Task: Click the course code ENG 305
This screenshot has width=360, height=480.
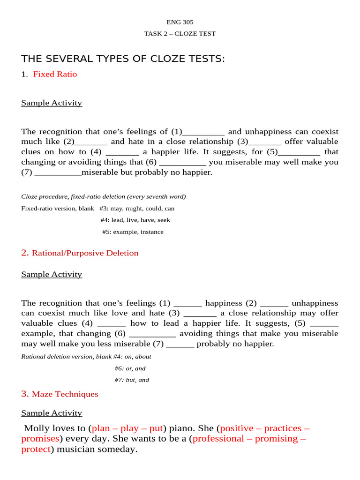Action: click(x=180, y=22)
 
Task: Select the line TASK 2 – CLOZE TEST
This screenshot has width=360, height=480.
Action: click(x=180, y=34)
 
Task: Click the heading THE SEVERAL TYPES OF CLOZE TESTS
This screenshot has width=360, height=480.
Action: click(x=123, y=59)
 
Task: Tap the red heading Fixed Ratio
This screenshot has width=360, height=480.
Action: click(x=55, y=74)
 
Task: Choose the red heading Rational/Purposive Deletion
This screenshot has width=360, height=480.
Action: click(x=85, y=253)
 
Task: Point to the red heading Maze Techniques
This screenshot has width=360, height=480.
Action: click(x=65, y=394)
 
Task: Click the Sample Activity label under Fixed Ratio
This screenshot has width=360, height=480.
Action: click(x=52, y=103)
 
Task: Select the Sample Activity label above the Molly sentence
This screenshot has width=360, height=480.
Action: click(x=52, y=413)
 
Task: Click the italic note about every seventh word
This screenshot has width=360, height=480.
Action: click(x=104, y=196)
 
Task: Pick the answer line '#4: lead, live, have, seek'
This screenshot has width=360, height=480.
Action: click(x=135, y=220)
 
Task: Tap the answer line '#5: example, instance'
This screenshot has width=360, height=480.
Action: click(x=133, y=232)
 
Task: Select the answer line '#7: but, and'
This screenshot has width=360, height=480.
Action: click(x=131, y=380)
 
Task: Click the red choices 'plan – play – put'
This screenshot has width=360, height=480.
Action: click(x=127, y=428)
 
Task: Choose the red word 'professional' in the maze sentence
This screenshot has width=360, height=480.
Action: click(x=220, y=439)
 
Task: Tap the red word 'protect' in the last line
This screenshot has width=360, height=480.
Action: click(x=36, y=449)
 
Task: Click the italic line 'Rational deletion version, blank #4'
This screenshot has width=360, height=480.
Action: click(x=86, y=357)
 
